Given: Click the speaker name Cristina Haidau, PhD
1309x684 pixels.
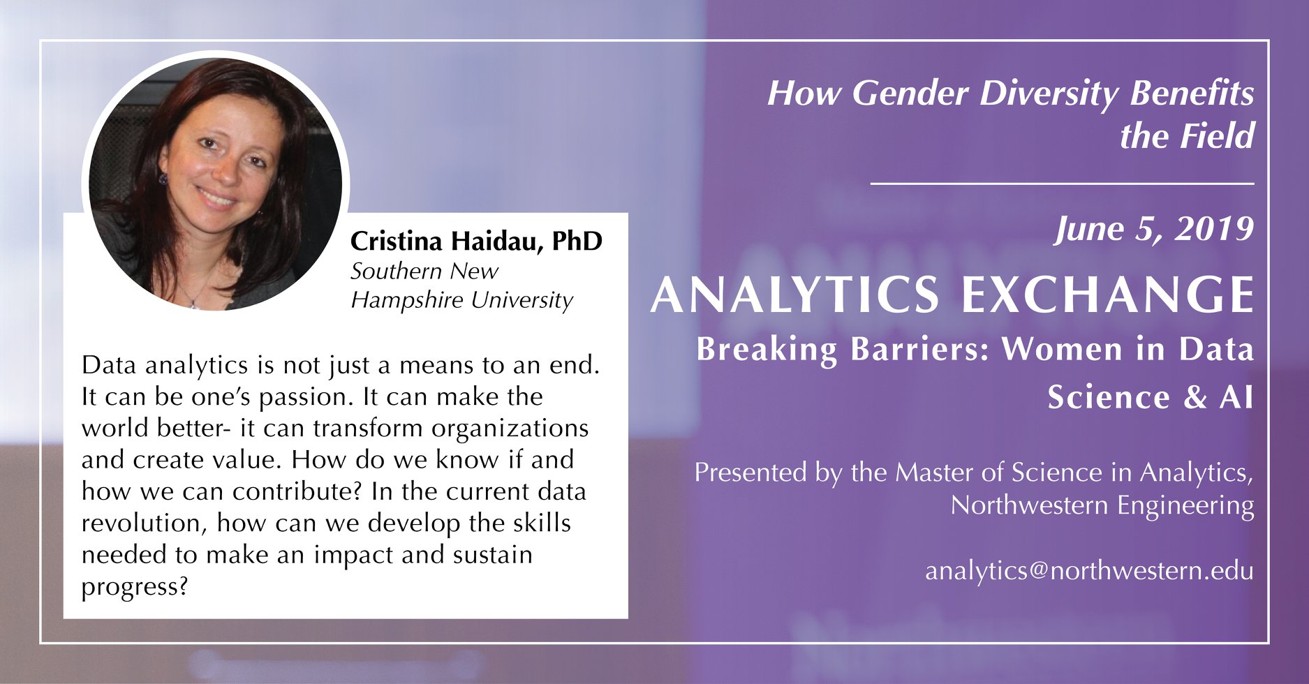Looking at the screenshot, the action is click(476, 241).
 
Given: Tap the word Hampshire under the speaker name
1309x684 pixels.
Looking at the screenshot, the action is click(408, 300).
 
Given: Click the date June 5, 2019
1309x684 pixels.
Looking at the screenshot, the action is click(1154, 229).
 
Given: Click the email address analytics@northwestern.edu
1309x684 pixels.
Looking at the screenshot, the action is click(1089, 570).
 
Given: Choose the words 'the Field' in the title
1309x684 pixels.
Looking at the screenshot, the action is click(1188, 135).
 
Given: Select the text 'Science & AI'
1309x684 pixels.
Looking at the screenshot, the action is click(1151, 397).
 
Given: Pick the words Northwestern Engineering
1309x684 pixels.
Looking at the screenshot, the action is click(1102, 505).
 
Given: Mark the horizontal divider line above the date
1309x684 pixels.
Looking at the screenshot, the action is click(1062, 184).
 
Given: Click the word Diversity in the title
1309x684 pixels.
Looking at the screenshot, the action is click(1049, 93).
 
